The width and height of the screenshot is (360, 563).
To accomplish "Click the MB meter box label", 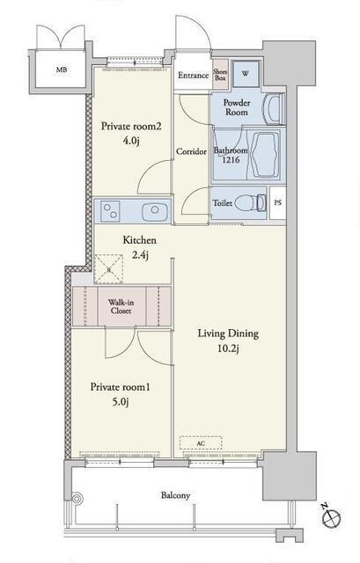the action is [x=62, y=70].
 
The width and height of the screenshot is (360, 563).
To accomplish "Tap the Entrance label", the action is [x=194, y=76].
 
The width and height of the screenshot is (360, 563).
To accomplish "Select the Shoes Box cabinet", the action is [x=220, y=74].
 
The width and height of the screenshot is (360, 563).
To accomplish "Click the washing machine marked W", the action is [x=246, y=74].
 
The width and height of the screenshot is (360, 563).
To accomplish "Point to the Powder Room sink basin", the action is [x=273, y=109].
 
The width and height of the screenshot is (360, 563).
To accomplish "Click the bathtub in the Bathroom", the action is [x=265, y=155].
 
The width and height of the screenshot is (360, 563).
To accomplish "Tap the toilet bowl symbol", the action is [x=251, y=203].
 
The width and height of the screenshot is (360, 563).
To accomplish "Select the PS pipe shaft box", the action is [x=278, y=202].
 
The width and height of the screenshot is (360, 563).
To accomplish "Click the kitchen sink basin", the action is [x=155, y=211].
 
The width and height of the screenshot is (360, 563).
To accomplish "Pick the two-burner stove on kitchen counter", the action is [x=110, y=210].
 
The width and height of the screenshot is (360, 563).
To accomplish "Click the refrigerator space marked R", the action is [x=109, y=269].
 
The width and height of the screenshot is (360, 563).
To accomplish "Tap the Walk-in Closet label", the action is [x=121, y=307].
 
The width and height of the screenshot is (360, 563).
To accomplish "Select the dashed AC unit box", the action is [x=201, y=443].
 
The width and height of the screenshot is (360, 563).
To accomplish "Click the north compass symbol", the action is [x=331, y=517].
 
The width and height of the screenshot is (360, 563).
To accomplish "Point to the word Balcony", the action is [x=175, y=496].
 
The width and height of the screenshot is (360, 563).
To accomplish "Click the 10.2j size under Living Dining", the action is [x=228, y=348].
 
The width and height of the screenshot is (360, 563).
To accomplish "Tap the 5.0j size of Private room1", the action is [x=120, y=402].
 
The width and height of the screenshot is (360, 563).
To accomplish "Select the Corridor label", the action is [x=191, y=151].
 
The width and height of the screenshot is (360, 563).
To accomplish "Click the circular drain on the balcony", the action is [x=77, y=499].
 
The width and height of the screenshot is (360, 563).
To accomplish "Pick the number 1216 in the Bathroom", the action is [x=231, y=160].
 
